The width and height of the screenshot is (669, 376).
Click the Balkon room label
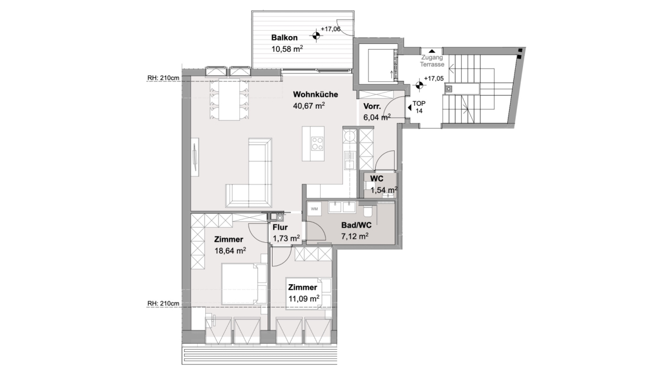284,38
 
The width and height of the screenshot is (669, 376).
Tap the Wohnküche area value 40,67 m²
309,106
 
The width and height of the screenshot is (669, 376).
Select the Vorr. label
372,106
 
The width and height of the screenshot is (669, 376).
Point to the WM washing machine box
314,209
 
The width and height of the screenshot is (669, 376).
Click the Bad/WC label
356,225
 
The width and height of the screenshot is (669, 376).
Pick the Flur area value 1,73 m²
286,238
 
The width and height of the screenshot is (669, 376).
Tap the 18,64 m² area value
230,251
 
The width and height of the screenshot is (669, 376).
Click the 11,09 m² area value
304,299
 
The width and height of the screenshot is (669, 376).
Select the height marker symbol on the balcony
316,36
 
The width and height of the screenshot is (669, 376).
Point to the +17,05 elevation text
434,79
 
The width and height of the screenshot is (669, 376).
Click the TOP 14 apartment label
419,107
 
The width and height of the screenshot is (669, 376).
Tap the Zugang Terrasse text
432,61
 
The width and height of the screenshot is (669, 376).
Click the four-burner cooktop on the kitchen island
317,143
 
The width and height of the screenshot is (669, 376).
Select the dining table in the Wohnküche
229,100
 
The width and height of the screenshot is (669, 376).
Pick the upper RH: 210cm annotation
163,78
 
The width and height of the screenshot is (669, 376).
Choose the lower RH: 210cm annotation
163,304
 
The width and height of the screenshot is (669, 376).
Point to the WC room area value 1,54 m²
384,190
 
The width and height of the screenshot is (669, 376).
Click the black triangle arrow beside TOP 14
409,108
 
